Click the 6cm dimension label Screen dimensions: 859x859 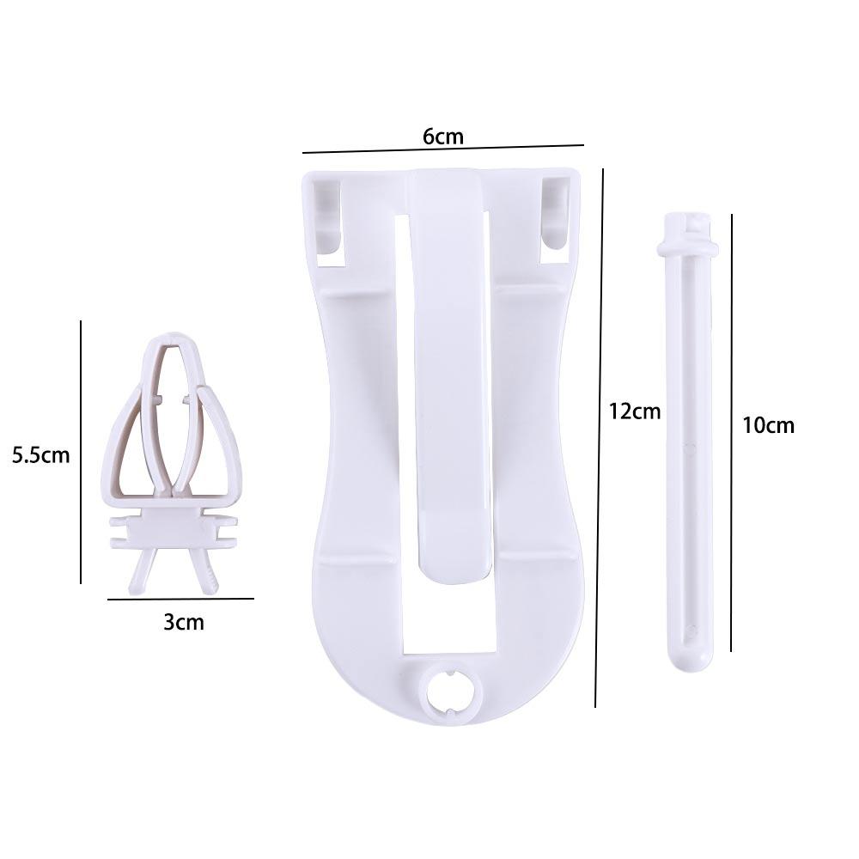[443, 136]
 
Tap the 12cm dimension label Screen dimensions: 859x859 [635, 411]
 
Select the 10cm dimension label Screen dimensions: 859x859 [769, 424]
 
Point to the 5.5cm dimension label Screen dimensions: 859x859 [40, 454]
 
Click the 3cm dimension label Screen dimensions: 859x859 [184, 622]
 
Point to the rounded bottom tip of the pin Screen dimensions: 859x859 [690, 657]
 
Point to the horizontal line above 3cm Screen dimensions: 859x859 [180, 598]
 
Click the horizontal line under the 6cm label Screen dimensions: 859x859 [443, 149]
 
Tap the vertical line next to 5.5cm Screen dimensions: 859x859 [81, 452]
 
